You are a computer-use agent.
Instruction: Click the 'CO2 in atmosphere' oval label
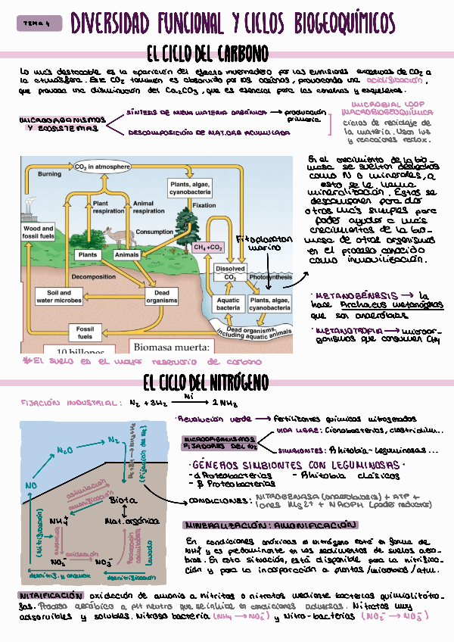click(x=102, y=167)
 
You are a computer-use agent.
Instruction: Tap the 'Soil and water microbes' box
click(x=59, y=297)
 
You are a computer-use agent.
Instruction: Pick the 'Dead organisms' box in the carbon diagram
click(x=161, y=297)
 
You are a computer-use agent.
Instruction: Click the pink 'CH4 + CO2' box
click(x=208, y=248)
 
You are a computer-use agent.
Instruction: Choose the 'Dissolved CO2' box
click(x=230, y=273)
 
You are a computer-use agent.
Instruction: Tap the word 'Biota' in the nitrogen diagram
click(x=124, y=500)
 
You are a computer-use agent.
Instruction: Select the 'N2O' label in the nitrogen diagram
click(x=64, y=450)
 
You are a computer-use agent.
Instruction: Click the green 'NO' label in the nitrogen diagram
click(x=31, y=485)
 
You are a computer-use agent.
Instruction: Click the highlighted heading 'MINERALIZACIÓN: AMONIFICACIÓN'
click(x=269, y=525)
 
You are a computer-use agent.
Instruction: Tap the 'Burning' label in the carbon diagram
click(x=49, y=175)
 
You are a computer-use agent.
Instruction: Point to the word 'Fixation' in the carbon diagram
click(x=204, y=205)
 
